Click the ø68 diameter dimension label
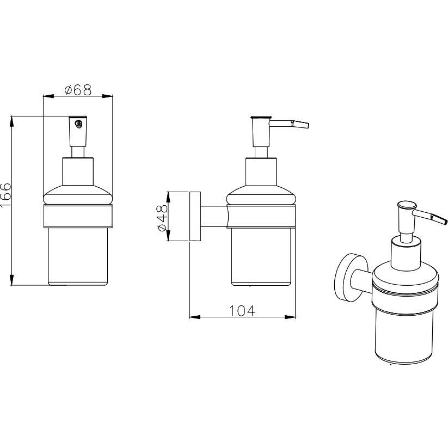pos(78,90)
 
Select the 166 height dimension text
pos(5,195)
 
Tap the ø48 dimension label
pos(162,217)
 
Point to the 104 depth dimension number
pos(242,311)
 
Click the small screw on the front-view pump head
pos(78,124)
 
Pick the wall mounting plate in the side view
pos(195,216)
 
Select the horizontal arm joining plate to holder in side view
pos(214,216)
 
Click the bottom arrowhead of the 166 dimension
pos(12,280)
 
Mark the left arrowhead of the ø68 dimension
pos(48,96)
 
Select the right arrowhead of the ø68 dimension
pos(107,96)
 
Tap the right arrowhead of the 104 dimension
pos(290,317)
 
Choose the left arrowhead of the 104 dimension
pos(195,317)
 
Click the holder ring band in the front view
pos(78,216)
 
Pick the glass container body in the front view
pos(78,256)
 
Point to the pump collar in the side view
pos(261,171)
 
